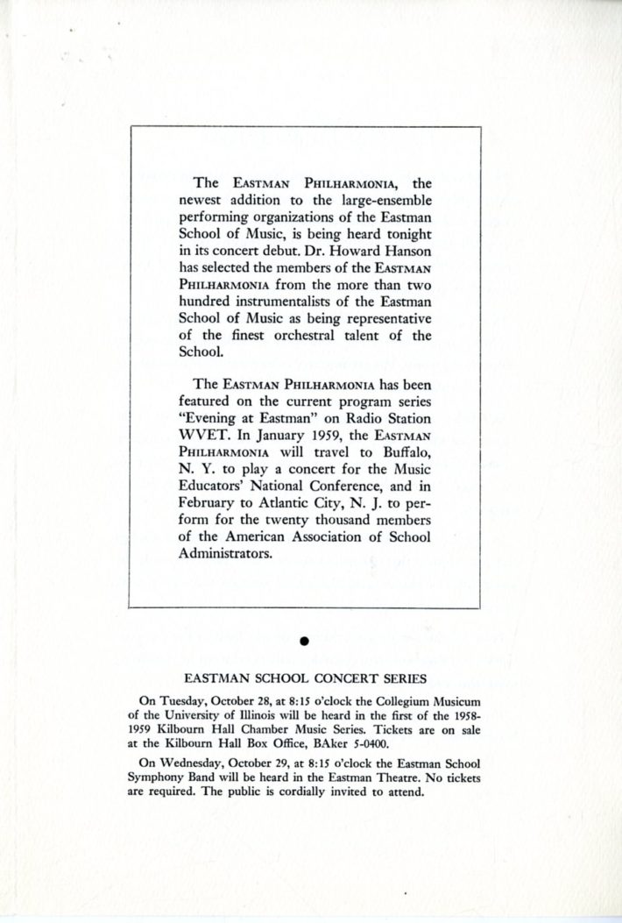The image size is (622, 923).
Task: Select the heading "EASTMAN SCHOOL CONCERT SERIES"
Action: tap(304, 678)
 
